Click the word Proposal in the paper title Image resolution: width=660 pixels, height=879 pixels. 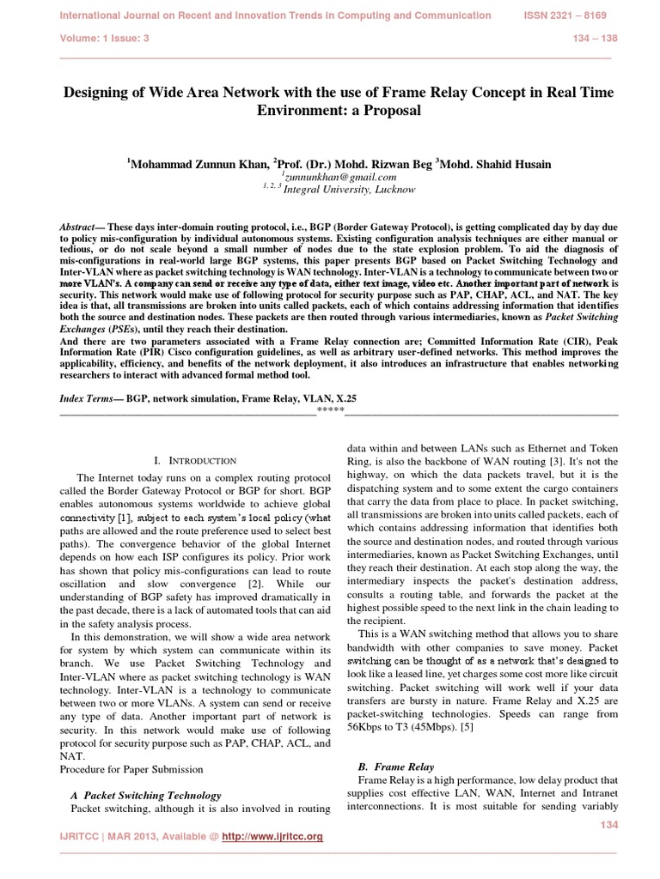(384, 112)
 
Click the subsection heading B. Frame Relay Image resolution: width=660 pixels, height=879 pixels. (394, 766)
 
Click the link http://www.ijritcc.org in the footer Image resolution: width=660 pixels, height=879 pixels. (272, 836)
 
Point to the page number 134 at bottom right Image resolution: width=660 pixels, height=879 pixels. (607, 824)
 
